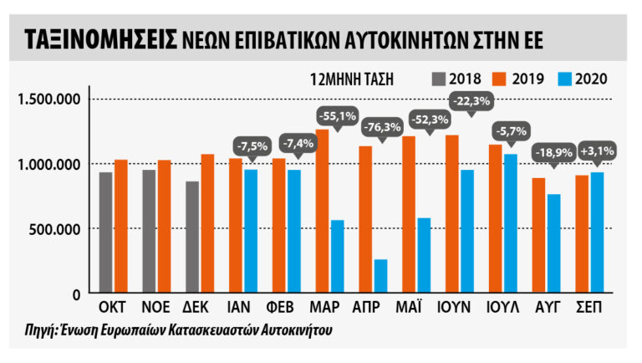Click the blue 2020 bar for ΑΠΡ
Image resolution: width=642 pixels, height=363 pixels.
381,277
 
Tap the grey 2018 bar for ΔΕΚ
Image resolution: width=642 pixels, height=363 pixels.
191,238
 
